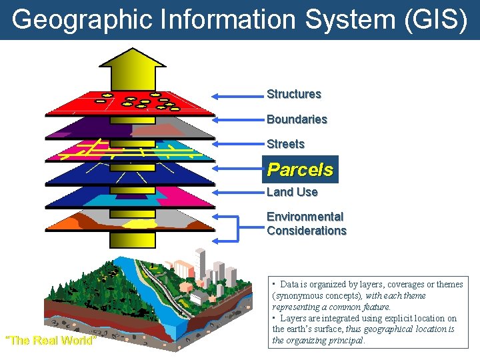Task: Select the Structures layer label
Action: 293,94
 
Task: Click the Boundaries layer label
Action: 297,119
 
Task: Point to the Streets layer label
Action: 285,144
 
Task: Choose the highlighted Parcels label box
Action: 300,169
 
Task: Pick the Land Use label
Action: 292,192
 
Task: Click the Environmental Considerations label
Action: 306,223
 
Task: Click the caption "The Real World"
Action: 51,341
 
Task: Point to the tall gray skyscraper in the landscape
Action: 201,263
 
